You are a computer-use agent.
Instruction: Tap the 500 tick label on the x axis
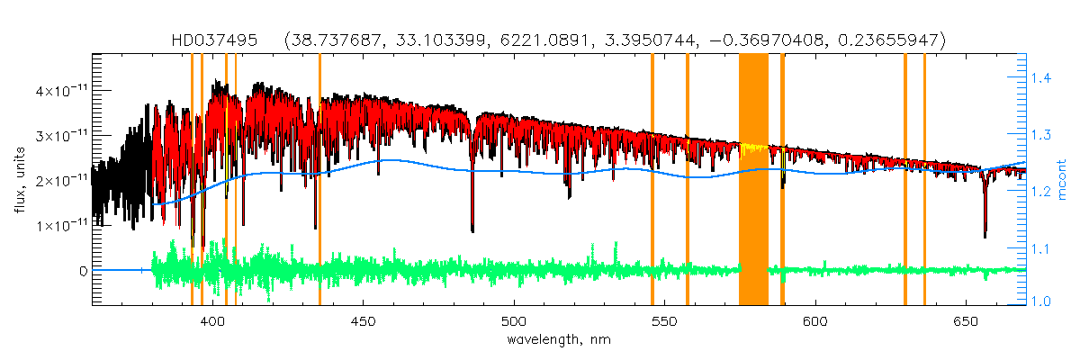coord(513,321)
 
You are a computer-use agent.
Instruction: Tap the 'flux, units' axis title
coord(18,180)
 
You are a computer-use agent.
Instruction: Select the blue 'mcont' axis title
coord(1062,180)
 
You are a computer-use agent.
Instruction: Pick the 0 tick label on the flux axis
coord(82,270)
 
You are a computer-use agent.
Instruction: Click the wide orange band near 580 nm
coord(753,180)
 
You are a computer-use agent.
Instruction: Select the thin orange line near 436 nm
coord(319,180)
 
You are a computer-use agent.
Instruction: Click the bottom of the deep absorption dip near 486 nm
coord(472,230)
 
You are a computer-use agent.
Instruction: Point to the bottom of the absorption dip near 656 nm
coord(985,237)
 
